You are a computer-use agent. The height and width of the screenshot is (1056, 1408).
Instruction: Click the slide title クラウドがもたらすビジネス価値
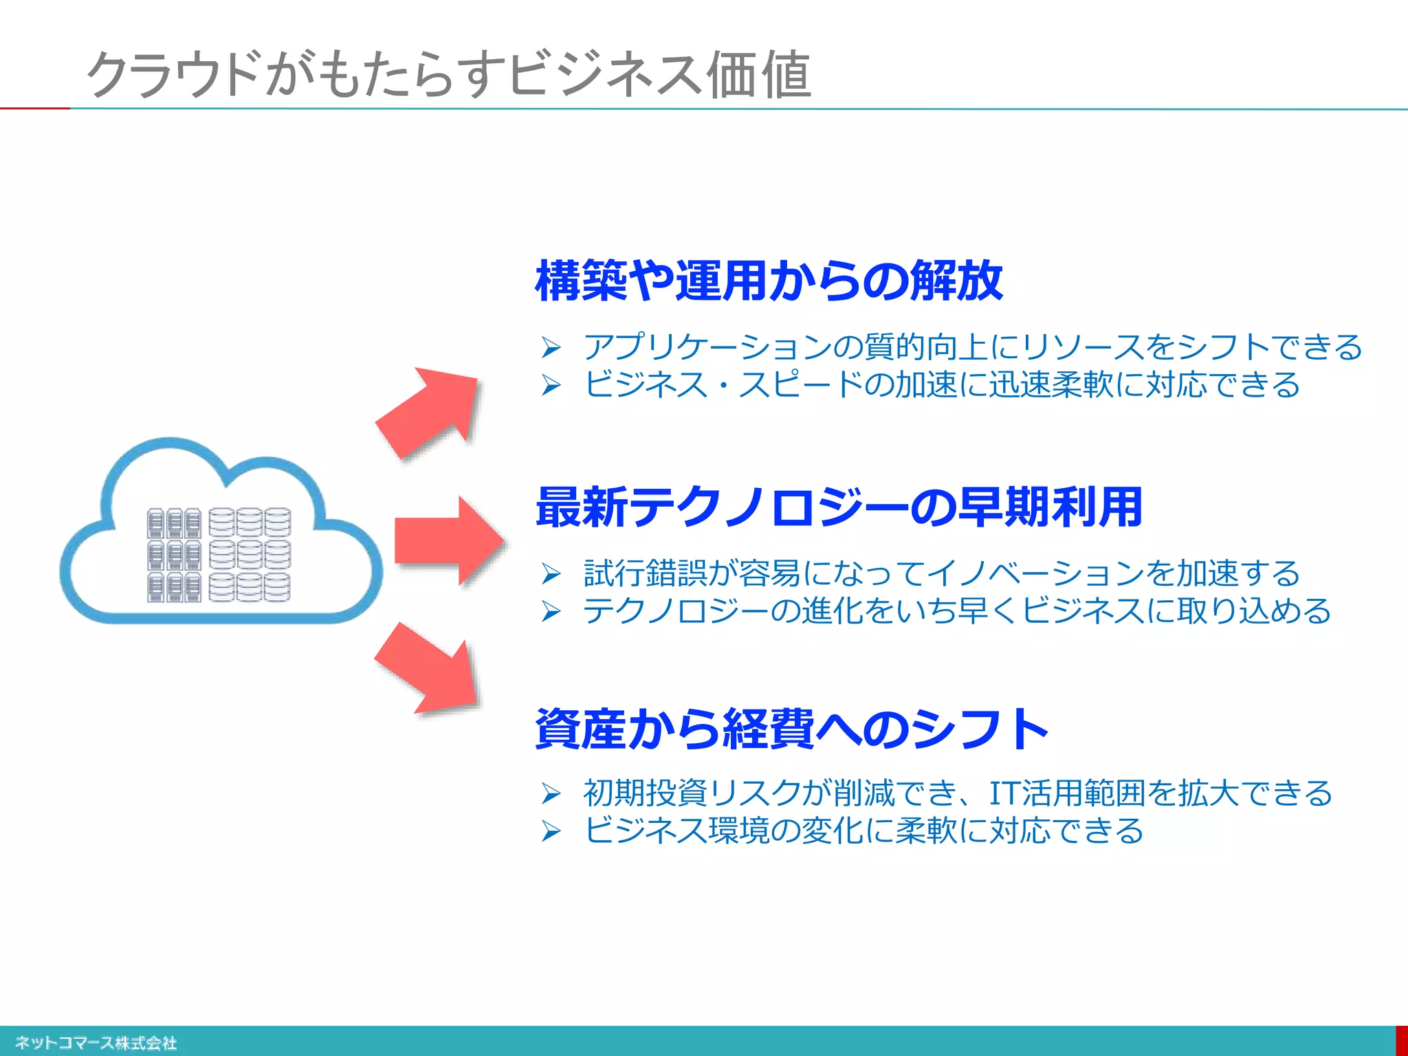pyautogui.click(x=448, y=74)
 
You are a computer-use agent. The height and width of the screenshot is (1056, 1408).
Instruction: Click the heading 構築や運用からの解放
pyautogui.click(x=769, y=280)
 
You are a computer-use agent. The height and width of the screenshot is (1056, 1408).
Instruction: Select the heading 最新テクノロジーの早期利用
pyautogui.click(x=839, y=507)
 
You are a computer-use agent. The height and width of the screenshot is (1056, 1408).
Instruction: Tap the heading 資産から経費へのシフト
pyautogui.click(x=791, y=729)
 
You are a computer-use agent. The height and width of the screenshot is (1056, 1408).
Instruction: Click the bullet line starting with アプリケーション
pyautogui.click(x=972, y=346)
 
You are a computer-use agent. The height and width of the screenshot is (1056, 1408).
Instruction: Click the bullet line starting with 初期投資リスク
pyautogui.click(x=957, y=793)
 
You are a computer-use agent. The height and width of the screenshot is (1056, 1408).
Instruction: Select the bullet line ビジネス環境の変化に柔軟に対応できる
pyautogui.click(x=863, y=830)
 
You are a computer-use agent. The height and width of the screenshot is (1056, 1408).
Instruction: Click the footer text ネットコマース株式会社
pyautogui.click(x=96, y=1043)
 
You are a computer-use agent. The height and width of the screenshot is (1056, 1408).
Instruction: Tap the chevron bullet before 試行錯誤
pyautogui.click(x=551, y=573)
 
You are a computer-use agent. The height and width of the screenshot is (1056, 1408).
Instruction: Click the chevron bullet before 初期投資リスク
pyautogui.click(x=551, y=793)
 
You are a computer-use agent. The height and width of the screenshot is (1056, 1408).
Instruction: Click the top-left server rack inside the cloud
pyautogui.click(x=155, y=523)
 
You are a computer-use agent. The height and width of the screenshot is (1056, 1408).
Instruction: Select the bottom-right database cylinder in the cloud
pyautogui.click(x=277, y=588)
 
